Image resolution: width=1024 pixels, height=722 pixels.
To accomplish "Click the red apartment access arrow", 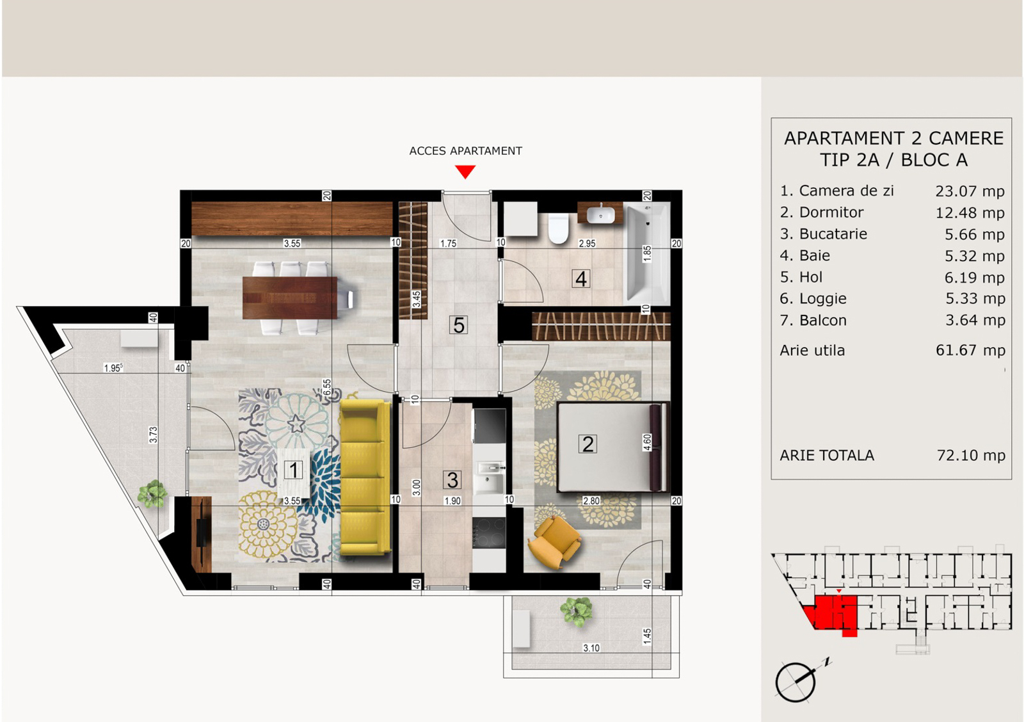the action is [465, 172].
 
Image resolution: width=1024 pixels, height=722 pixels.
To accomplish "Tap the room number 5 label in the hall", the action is [458, 325].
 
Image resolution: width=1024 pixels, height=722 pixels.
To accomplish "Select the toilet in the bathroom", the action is [558, 228].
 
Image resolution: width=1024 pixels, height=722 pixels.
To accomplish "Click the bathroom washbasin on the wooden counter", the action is [601, 214].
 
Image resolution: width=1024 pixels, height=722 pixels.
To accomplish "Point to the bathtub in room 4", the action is [647, 253].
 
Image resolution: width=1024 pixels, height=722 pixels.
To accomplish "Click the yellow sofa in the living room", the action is [365, 476].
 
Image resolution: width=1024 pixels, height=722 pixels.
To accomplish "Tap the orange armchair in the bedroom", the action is [554, 541].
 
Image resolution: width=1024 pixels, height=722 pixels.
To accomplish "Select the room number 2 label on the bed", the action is [588, 444].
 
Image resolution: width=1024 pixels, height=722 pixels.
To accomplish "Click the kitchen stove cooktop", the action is [489, 533].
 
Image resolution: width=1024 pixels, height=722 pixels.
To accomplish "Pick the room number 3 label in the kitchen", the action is [452, 479].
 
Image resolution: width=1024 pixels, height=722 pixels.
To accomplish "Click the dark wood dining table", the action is [290, 298].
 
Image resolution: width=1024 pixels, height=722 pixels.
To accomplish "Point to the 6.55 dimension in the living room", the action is [327, 388].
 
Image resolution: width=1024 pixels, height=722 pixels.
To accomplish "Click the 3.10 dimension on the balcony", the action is [591, 648].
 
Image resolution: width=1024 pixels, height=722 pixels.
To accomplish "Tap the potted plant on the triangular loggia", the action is [152, 494].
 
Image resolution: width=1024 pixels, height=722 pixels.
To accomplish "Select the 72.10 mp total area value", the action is [971, 456].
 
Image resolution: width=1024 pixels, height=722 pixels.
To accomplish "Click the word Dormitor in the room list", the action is [831, 212].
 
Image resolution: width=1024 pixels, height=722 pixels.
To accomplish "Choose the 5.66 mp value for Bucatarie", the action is [975, 234].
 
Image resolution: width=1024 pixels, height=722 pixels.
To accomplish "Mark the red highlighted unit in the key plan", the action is [833, 614].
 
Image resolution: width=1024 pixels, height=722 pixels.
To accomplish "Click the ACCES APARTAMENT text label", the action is [465, 151].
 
